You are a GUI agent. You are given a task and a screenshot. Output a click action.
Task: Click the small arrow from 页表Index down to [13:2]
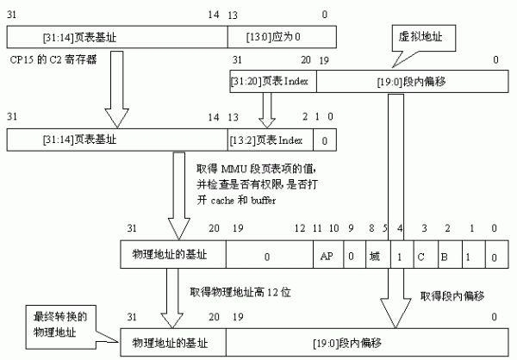(x=267, y=109)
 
